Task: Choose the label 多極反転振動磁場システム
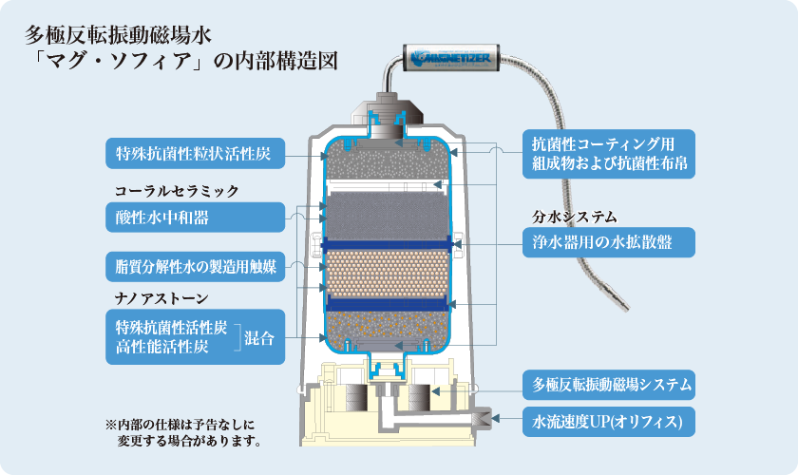click(x=609, y=386)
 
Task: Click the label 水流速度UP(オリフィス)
click(x=609, y=419)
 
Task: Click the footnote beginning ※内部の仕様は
click(x=180, y=432)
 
